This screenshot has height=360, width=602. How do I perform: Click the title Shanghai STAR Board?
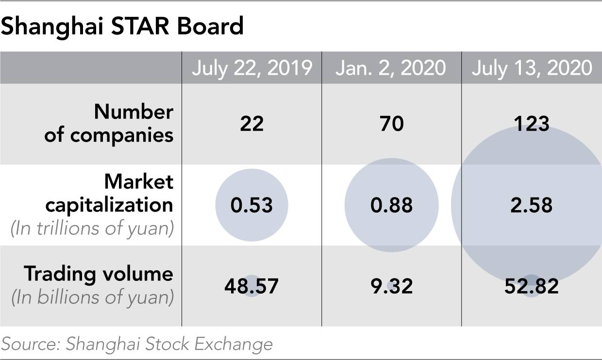(x=122, y=26)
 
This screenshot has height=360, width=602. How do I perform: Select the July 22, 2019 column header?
(x=252, y=68)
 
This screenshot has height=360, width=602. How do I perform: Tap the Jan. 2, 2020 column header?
(x=391, y=68)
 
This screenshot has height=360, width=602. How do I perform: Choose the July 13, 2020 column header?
(x=532, y=68)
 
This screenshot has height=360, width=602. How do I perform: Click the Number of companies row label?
(x=109, y=123)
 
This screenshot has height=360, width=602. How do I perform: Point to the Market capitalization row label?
(x=109, y=193)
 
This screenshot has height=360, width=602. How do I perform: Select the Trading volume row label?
(x=99, y=274)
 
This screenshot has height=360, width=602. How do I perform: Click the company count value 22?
(x=252, y=124)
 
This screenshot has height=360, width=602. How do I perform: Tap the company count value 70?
(x=392, y=124)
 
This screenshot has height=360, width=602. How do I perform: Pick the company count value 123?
(x=532, y=124)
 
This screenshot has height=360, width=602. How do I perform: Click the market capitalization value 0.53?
(x=251, y=205)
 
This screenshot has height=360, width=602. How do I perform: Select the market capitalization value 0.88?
(x=392, y=205)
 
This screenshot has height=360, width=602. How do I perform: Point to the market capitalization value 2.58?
(x=532, y=205)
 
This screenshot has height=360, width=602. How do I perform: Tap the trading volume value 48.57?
(x=251, y=286)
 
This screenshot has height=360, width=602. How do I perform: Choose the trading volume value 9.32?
(x=392, y=286)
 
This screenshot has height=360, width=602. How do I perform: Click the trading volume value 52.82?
(x=532, y=286)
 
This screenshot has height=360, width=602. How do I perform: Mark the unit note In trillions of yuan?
(x=92, y=229)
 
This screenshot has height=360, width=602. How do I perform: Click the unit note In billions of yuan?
(x=93, y=298)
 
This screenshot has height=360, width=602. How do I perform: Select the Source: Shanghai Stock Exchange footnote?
(x=137, y=344)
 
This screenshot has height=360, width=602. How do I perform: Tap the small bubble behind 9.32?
(x=391, y=286)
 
